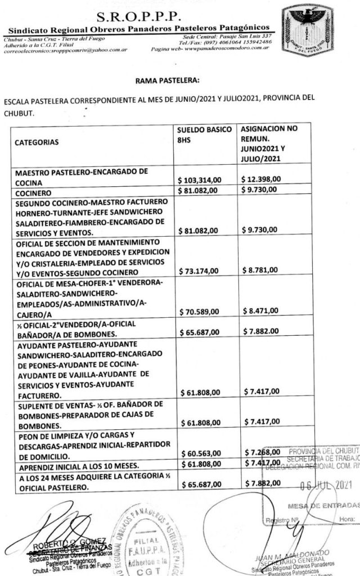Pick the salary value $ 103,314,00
(202, 179)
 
